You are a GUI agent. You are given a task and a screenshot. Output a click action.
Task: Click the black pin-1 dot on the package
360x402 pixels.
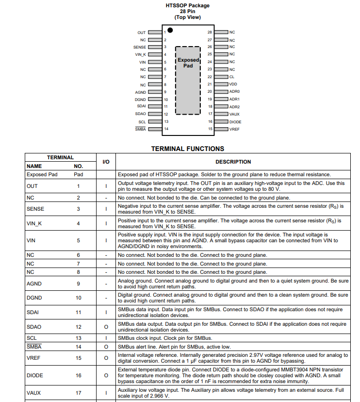(x=170, y=30)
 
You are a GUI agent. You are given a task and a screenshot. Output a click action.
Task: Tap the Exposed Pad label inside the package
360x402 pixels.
(x=188, y=63)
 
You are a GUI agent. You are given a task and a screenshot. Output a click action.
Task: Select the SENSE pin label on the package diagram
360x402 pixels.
(x=140, y=47)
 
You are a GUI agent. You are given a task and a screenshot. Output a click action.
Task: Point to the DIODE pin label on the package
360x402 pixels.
(x=235, y=122)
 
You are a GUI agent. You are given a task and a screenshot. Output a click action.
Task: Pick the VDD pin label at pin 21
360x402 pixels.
(x=233, y=84)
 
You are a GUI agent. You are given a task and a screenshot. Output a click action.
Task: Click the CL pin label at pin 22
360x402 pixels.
(x=232, y=77)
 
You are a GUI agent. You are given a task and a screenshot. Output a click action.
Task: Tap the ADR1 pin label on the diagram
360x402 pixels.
(x=235, y=99)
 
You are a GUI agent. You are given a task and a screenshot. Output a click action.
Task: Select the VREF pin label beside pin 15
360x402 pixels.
(x=234, y=129)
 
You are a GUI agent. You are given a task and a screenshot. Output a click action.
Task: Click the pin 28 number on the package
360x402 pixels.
(x=210, y=32)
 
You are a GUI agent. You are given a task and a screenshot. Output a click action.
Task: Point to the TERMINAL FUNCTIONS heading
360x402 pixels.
(x=188, y=149)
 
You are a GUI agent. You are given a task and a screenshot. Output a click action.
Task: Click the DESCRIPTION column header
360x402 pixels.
(x=233, y=162)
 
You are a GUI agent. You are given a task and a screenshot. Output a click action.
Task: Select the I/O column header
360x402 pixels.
(x=106, y=162)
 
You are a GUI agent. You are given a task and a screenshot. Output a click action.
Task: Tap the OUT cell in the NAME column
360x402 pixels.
(x=32, y=186)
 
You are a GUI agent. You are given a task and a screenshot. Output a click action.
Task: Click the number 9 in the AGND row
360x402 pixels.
(x=78, y=283)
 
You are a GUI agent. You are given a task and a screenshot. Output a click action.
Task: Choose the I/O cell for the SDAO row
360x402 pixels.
(x=106, y=327)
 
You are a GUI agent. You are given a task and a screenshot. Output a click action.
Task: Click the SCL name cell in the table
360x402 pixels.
(x=32, y=338)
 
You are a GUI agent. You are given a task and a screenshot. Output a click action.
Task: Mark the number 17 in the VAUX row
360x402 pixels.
(x=78, y=393)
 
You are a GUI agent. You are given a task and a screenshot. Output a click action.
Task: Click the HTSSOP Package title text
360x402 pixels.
(x=188, y=6)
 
